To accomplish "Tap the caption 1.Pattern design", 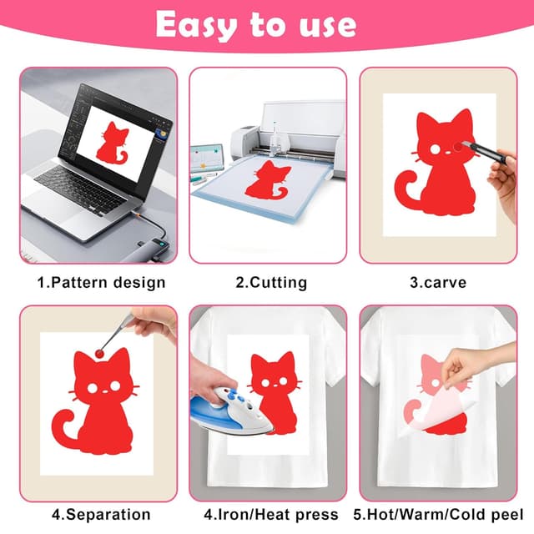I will click(x=101, y=282).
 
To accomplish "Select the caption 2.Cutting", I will click(x=271, y=282).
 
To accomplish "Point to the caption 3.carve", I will click(x=438, y=282).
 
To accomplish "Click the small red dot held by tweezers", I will click(x=102, y=353).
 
